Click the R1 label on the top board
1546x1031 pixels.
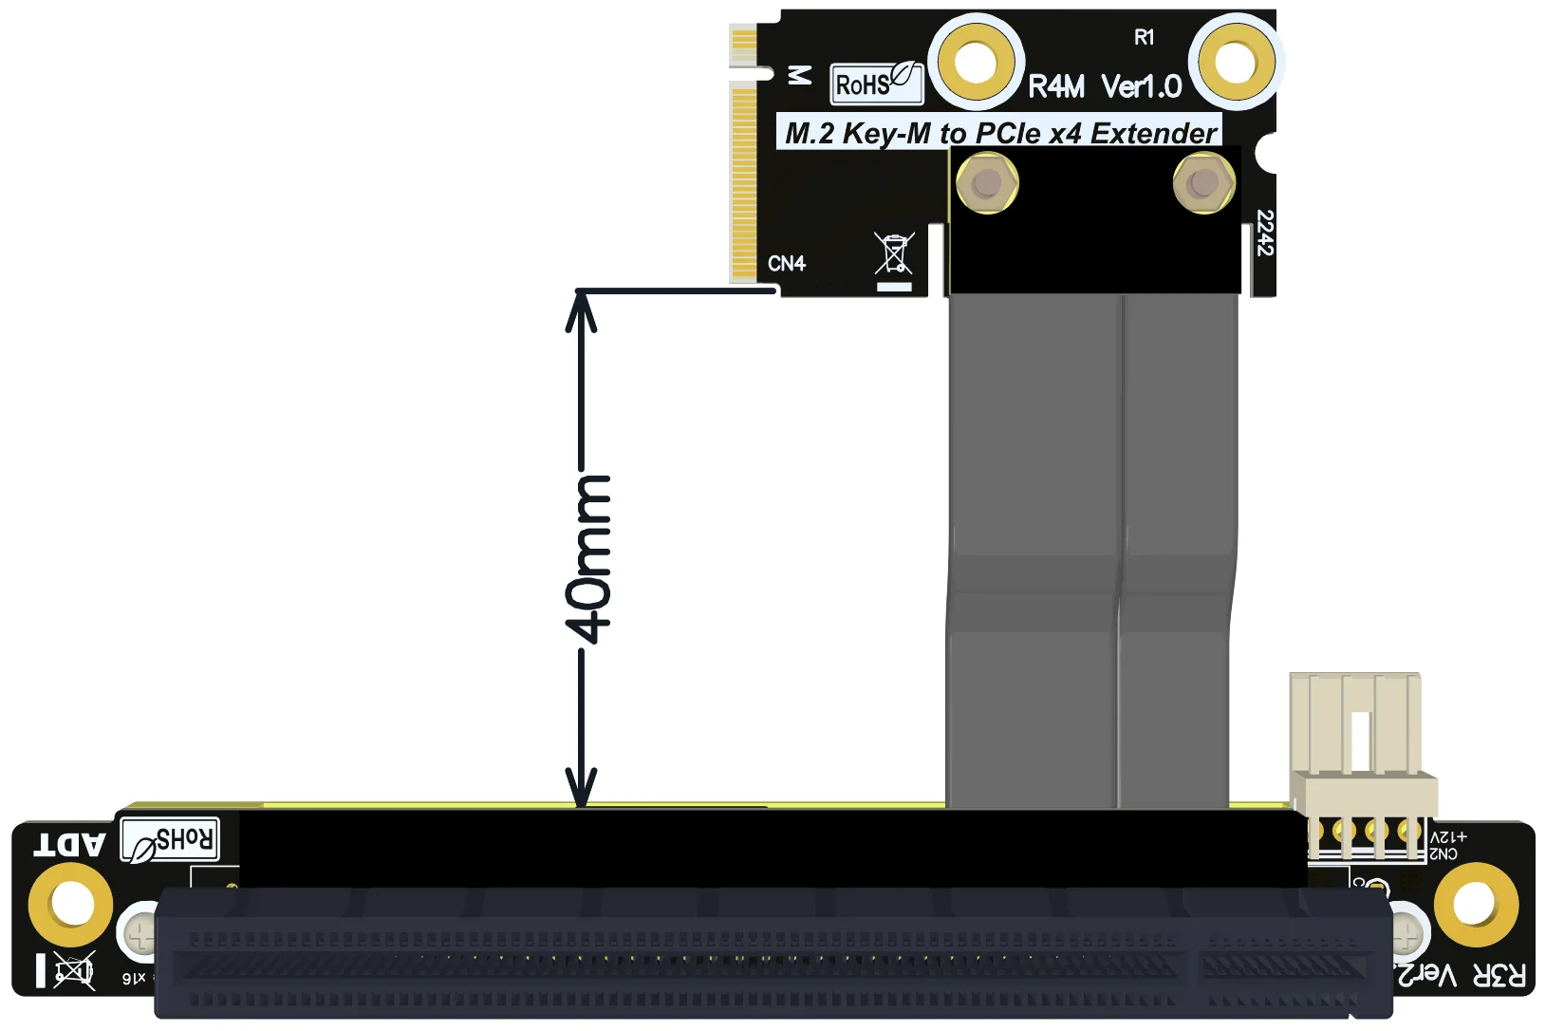click(1145, 37)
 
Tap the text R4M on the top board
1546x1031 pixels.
click(1056, 87)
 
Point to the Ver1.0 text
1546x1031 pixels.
click(1142, 87)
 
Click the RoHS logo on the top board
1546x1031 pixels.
click(875, 84)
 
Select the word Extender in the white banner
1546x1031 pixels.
click(1153, 133)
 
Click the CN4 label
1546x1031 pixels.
click(786, 263)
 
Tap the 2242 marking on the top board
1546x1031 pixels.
click(1263, 233)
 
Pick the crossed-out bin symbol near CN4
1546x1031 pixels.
click(894, 253)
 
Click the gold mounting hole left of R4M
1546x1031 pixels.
click(976, 63)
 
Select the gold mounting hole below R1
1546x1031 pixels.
click(1236, 63)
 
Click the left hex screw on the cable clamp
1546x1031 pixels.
click(987, 181)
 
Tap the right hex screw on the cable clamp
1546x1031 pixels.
click(1203, 181)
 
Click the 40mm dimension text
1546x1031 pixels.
click(588, 559)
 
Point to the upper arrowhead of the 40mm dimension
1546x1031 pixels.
click(581, 309)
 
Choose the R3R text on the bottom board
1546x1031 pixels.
click(1499, 975)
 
